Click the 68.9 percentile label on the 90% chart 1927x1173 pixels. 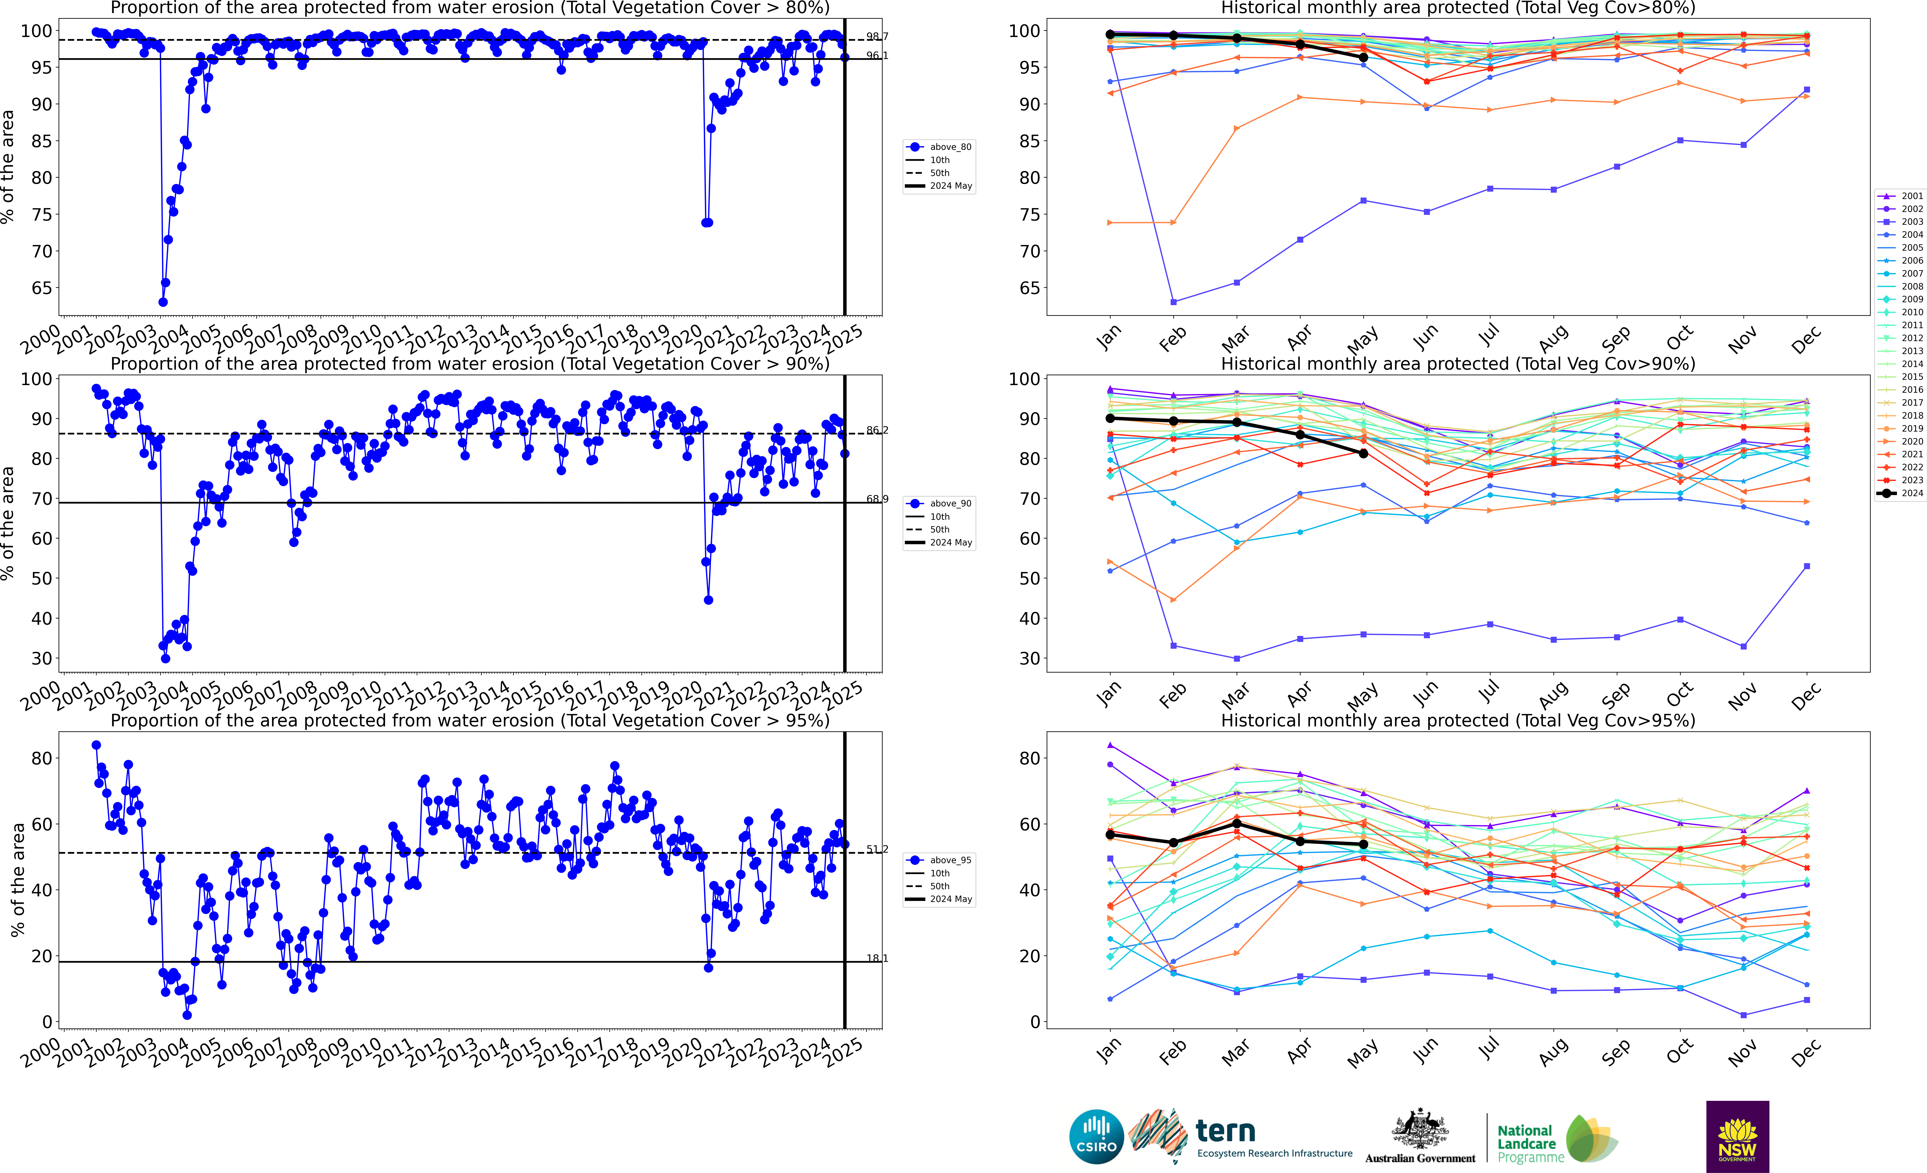(x=877, y=499)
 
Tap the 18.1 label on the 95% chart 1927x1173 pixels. (x=877, y=958)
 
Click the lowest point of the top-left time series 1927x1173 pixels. (x=163, y=302)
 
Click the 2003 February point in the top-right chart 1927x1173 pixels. (x=1173, y=302)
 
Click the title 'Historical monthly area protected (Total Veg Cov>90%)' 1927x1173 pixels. (x=1458, y=364)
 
